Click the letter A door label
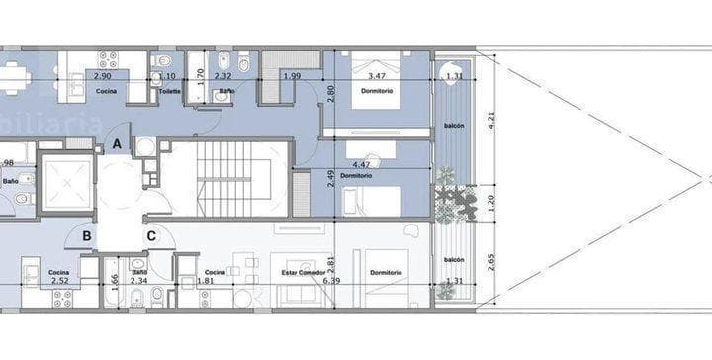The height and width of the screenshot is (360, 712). click(x=118, y=144)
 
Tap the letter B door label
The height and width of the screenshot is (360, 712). click(x=88, y=235)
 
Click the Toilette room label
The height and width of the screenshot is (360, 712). click(x=169, y=92)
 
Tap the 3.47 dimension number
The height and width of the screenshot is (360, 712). click(x=375, y=75)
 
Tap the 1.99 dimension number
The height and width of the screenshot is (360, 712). click(x=291, y=76)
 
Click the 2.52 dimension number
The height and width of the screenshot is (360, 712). click(x=59, y=281)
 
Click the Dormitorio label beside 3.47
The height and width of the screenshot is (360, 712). click(x=377, y=91)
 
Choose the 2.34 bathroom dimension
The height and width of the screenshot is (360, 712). click(x=138, y=281)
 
